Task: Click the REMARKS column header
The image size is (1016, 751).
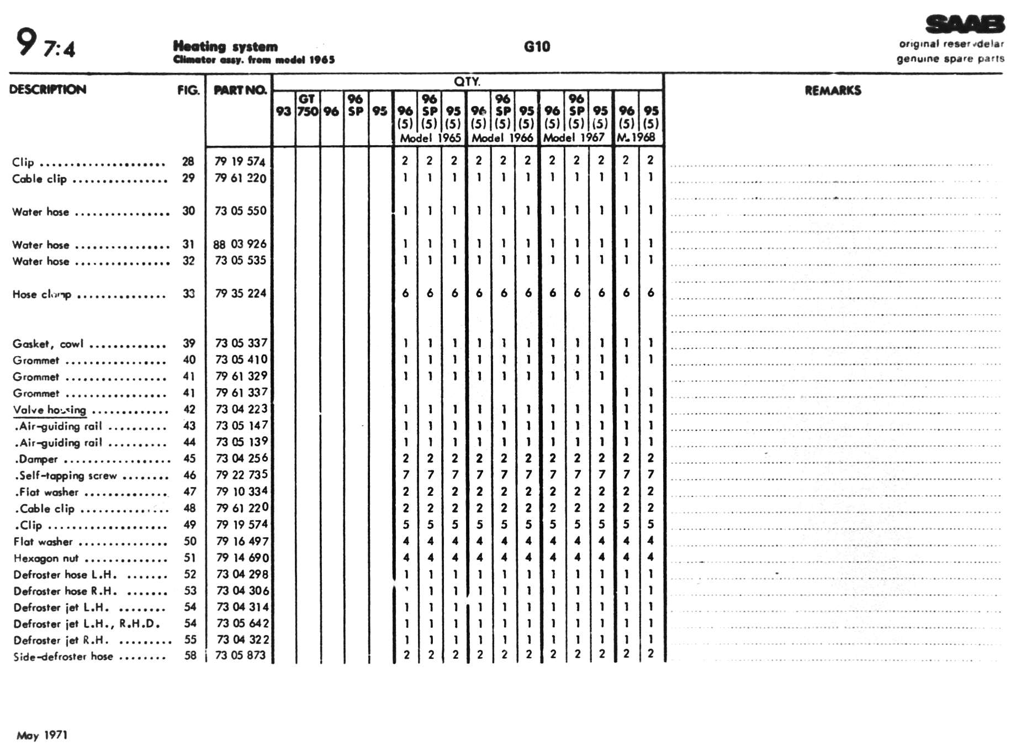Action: (832, 91)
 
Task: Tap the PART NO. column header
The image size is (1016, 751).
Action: (240, 90)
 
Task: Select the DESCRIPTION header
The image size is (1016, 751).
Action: (47, 89)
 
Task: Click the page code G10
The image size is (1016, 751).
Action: (537, 46)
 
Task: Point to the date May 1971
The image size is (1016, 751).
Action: (42, 735)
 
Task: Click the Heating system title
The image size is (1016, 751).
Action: (225, 46)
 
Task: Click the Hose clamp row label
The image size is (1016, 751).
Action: (42, 294)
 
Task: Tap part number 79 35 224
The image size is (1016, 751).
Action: (241, 293)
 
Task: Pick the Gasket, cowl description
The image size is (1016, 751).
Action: (48, 344)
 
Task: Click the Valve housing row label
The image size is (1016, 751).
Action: (50, 410)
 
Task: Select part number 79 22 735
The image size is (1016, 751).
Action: (241, 475)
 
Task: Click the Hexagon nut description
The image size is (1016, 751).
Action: (46, 558)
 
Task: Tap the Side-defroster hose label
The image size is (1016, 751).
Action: (63, 657)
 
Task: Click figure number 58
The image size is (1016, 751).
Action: (190, 656)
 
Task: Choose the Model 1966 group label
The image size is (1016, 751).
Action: (502, 138)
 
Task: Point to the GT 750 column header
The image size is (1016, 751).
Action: (308, 105)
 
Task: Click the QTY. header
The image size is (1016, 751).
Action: (467, 82)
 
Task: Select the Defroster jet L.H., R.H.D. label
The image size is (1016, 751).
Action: (87, 624)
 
